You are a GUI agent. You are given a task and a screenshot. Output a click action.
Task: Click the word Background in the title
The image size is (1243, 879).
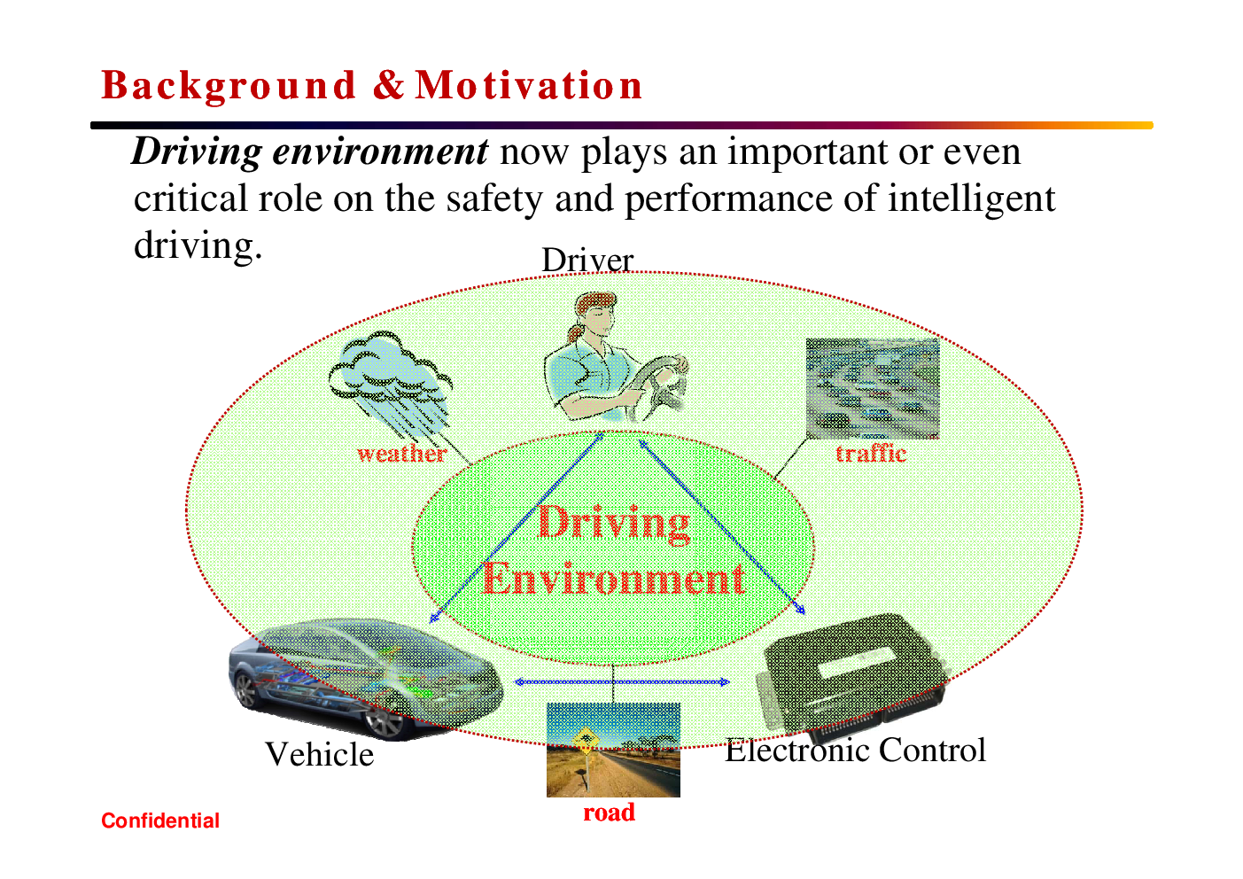229,86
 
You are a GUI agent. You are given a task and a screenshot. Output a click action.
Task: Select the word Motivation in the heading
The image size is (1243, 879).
529,85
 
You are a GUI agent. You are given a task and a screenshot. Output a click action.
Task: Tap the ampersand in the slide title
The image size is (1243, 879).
388,85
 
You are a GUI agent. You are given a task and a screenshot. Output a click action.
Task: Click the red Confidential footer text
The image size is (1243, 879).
160,821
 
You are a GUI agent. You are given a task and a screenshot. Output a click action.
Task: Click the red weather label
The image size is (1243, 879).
401,454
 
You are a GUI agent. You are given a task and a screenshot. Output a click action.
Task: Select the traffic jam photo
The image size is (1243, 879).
873,389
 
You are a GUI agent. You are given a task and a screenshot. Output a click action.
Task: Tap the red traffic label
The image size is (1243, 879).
871,454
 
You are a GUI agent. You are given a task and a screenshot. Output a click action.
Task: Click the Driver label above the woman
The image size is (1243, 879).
587,261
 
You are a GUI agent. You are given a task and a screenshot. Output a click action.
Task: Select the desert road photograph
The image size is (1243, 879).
613,750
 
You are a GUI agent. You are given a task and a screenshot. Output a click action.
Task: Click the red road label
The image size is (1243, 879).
609,813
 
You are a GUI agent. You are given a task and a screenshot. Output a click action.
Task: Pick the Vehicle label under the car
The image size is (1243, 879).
320,754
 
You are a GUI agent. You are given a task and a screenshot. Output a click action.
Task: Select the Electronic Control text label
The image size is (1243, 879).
855,751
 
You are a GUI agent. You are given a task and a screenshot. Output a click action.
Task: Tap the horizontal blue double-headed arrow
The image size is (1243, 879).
622,682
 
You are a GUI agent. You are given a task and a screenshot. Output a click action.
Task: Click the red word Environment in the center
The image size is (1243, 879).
612,579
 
